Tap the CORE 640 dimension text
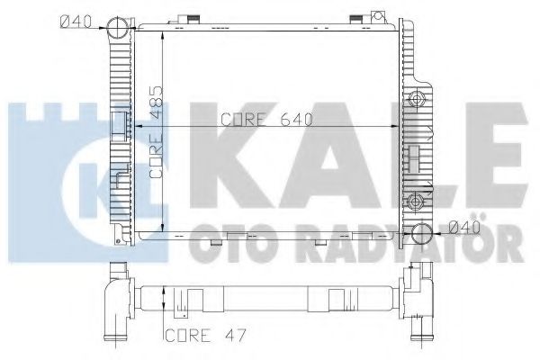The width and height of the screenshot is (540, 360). tap(259, 120)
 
